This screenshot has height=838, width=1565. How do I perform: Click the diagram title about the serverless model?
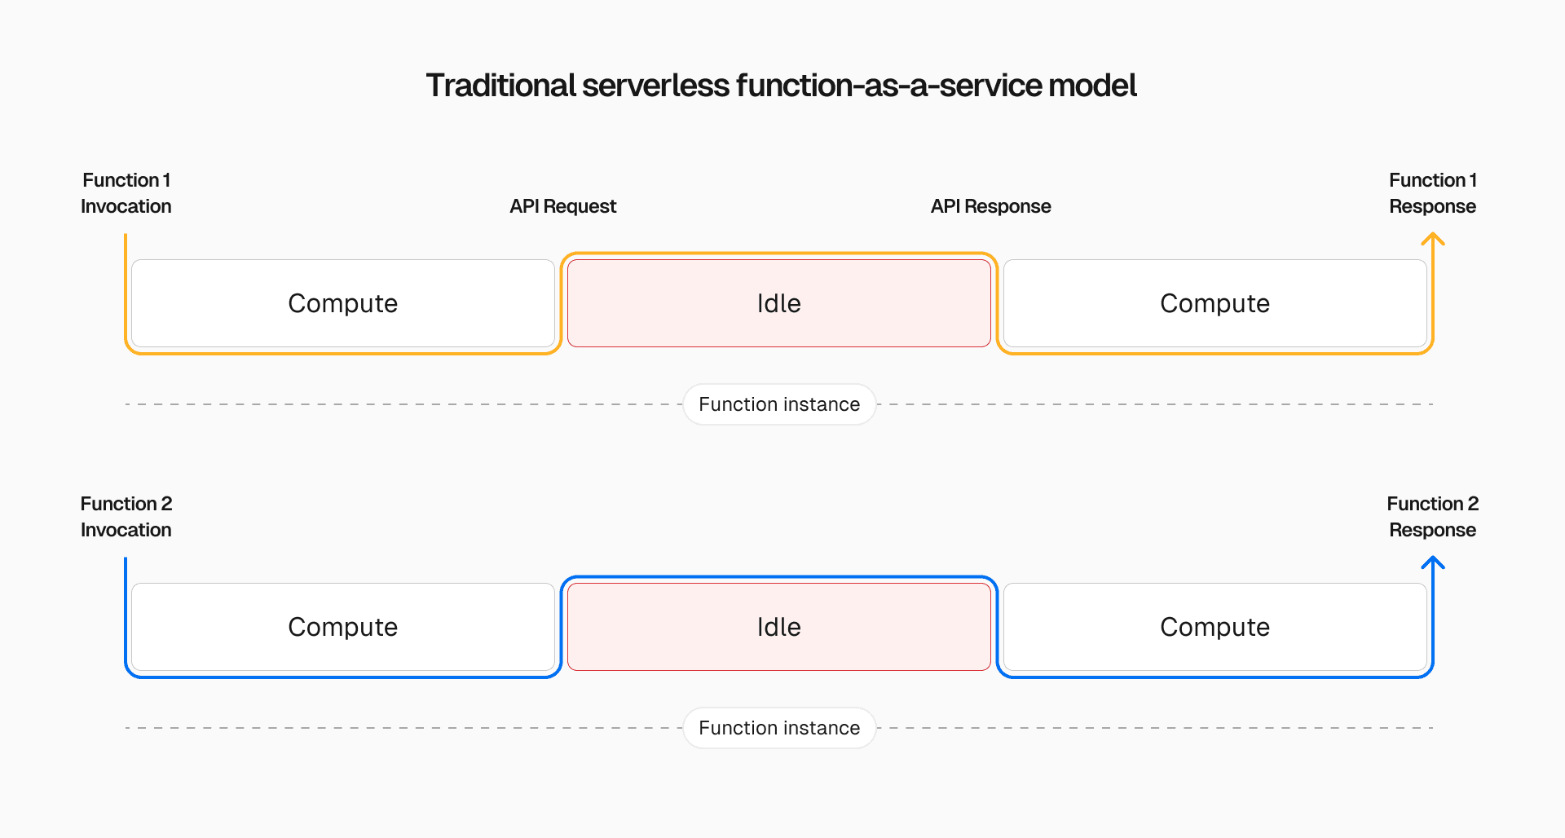point(781,86)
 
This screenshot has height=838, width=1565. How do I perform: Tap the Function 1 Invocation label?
point(126,193)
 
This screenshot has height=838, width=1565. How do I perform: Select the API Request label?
point(562,206)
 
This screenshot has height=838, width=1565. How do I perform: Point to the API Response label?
point(990,206)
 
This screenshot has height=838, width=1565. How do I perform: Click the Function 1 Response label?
point(1432,193)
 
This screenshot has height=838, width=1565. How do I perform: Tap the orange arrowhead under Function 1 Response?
point(1432,238)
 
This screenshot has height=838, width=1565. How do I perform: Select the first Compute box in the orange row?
point(342,303)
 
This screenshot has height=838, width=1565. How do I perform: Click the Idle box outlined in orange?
point(778,303)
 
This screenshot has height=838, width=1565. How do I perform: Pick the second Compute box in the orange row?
point(1215,303)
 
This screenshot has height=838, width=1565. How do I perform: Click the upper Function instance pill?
point(779,404)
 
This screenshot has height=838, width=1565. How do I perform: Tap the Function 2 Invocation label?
point(126,517)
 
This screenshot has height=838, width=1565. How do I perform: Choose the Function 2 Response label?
point(1432,517)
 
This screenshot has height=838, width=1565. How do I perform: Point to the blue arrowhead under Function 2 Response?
point(1432,562)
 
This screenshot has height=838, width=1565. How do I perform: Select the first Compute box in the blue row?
point(342,627)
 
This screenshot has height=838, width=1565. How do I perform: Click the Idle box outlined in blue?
point(778,627)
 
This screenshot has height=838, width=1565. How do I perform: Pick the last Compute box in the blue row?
point(1215,627)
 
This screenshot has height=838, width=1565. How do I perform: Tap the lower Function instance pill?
point(779,728)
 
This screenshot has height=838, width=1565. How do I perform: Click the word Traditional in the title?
point(500,86)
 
